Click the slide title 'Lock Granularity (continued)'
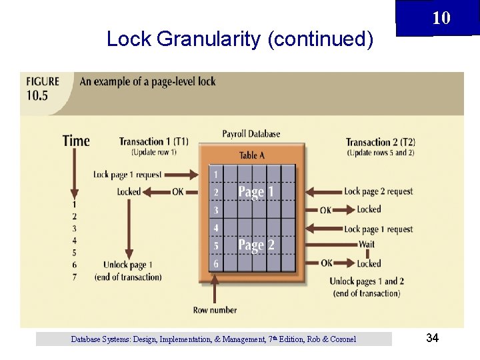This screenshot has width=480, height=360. coord(239,39)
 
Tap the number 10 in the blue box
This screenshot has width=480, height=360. coord(441,18)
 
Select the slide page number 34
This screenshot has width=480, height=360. coord(432,339)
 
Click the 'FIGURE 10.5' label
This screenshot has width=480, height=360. coord(43,88)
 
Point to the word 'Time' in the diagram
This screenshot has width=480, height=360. coord(76,141)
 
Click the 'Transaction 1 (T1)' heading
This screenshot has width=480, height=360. coord(153,141)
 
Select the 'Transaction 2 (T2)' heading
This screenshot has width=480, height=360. coord(380,142)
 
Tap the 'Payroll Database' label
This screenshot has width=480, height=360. coord(251,133)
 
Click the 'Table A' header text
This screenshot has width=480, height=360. coord(251,155)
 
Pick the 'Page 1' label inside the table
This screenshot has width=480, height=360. coord(257,192)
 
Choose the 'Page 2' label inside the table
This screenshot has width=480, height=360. coord(257,245)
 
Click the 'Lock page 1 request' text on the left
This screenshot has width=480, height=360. coord(127,175)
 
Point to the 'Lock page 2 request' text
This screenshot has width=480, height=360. coord(379,191)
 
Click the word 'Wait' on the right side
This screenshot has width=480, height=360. coord(367,244)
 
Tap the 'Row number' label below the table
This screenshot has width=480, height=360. coord(215,310)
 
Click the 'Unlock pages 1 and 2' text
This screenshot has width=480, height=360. coord(367,281)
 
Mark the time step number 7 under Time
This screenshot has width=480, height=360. coord(74,277)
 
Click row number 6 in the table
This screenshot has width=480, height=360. coord(215,264)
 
